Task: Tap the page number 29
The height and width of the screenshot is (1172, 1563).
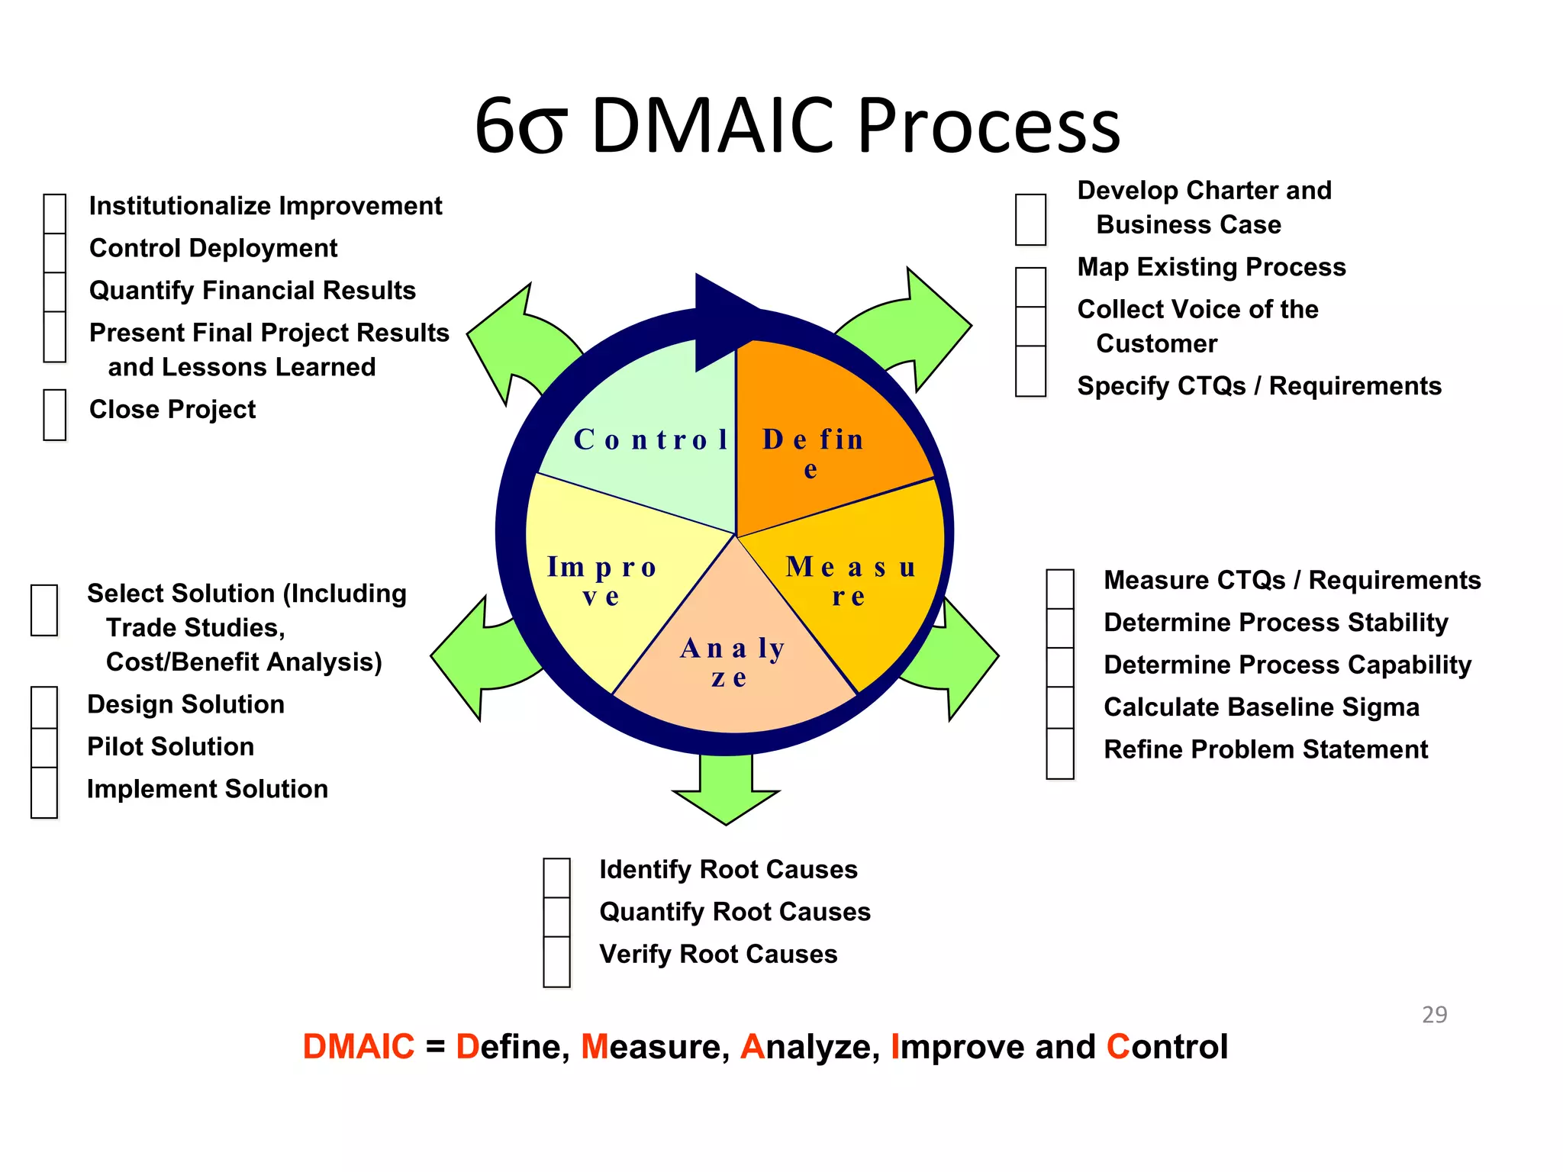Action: (x=1434, y=1015)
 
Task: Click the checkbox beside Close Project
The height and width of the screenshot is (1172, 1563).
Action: (x=55, y=415)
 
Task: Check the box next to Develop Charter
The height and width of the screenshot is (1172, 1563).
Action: (x=1030, y=220)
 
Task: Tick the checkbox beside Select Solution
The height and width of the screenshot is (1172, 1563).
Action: (x=44, y=610)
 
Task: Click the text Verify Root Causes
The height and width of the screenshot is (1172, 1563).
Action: (x=718, y=955)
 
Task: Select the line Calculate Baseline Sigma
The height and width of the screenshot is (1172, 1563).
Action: (x=1262, y=707)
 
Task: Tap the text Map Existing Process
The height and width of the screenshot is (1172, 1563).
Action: (x=1211, y=267)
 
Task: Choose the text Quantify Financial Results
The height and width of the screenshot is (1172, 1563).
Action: (x=253, y=291)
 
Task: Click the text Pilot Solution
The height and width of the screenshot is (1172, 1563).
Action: (x=171, y=747)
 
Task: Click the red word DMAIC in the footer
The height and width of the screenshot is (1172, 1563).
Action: (x=359, y=1047)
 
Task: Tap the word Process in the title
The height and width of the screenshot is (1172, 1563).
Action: (x=988, y=126)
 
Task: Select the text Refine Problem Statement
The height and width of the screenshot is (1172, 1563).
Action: (x=1265, y=750)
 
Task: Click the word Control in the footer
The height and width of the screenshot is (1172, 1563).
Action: (x=1167, y=1047)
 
